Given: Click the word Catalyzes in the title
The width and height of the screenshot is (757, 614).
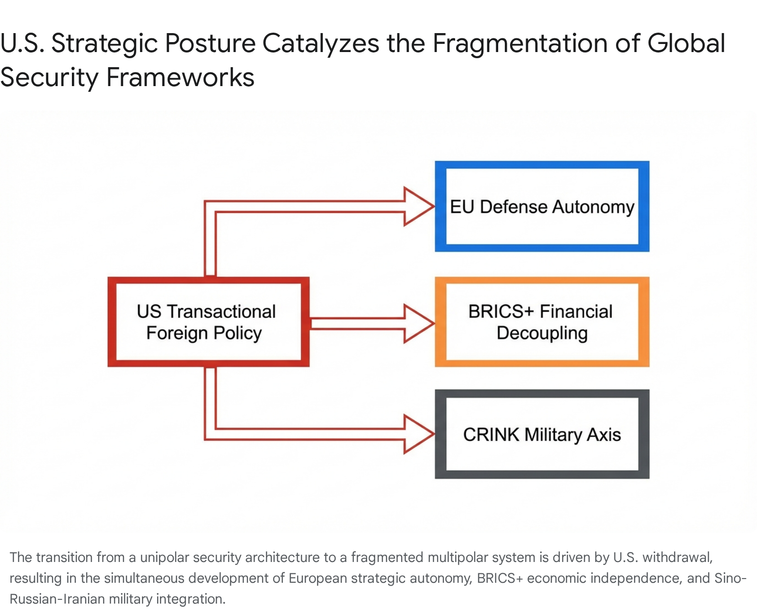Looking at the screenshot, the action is click(x=321, y=44).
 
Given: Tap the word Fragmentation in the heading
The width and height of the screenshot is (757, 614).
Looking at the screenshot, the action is click(x=519, y=44).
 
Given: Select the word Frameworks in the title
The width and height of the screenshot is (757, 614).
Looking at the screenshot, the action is click(x=180, y=77).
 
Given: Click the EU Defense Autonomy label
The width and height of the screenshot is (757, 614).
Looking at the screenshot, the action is click(x=542, y=207).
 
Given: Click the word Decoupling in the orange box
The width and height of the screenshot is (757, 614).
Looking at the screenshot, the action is click(x=542, y=333).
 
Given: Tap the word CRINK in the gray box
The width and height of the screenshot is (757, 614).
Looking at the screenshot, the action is click(x=491, y=434).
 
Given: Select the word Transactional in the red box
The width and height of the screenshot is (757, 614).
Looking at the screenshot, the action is click(x=221, y=311).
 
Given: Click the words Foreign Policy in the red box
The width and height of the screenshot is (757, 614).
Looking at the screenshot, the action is click(x=204, y=333).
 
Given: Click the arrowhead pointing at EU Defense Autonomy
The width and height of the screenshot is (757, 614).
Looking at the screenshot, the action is click(x=419, y=206).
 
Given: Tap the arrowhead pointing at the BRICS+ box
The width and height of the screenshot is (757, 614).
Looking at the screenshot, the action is click(x=419, y=324).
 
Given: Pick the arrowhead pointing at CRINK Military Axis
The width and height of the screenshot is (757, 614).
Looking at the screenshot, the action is click(x=419, y=434).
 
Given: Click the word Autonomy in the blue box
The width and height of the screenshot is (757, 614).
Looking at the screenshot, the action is click(x=593, y=207).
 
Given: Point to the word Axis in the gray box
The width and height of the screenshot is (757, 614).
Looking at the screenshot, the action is click(x=604, y=434).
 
